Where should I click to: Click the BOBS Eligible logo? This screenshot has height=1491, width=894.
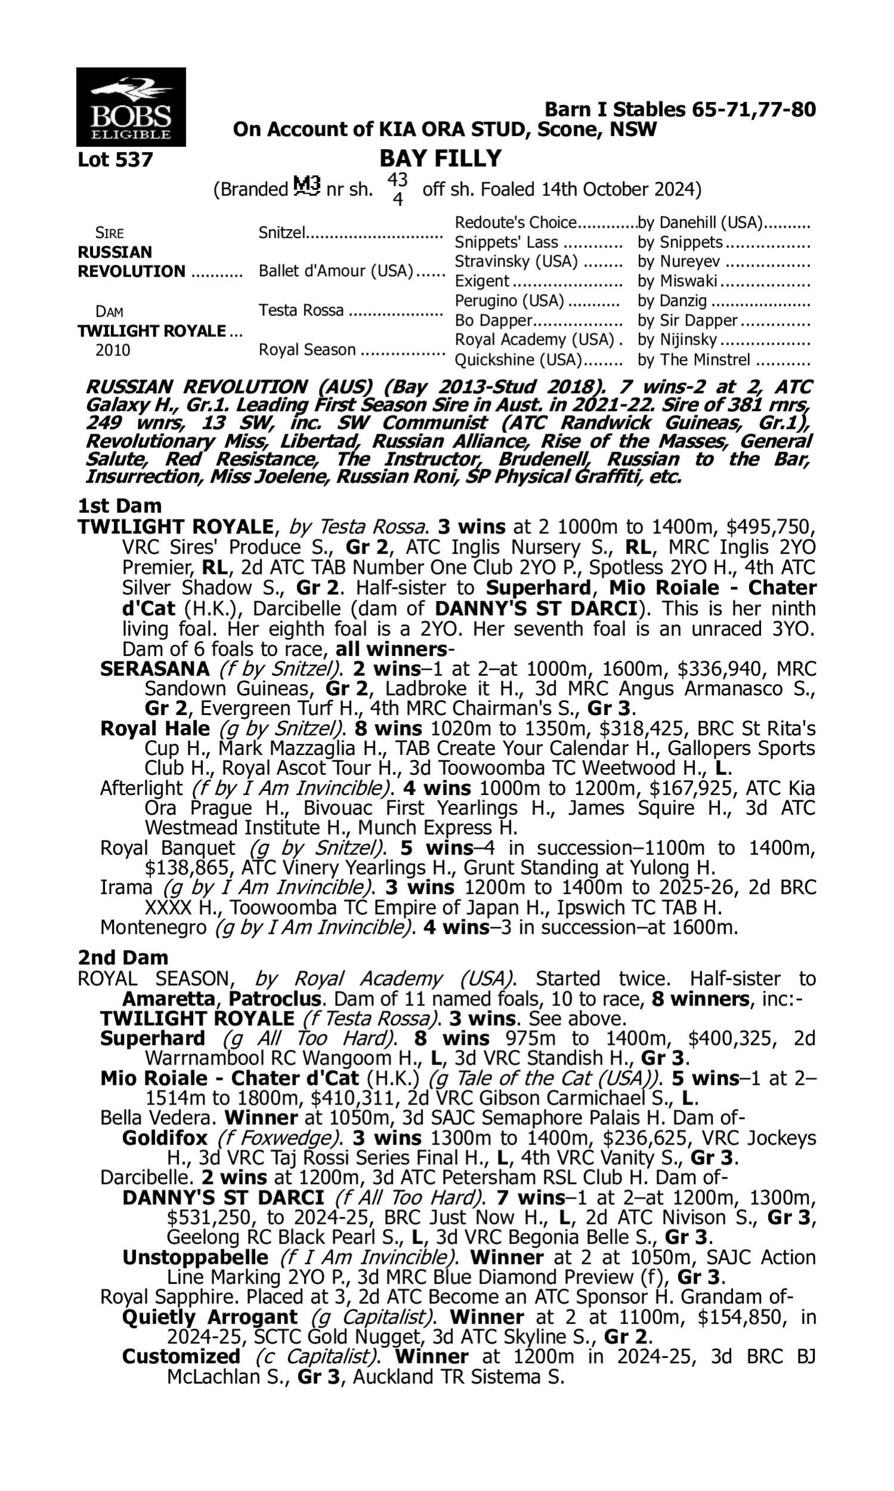(x=131, y=107)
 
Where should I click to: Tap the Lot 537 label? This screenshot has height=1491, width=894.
(x=115, y=160)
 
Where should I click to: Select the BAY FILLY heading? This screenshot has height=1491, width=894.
(x=440, y=159)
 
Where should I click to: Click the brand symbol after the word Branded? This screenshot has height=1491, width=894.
(x=306, y=187)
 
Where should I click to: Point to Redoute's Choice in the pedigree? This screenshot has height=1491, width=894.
(x=516, y=223)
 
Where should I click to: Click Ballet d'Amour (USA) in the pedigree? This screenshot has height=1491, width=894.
(x=336, y=271)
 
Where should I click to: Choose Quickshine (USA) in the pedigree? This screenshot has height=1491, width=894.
(x=518, y=360)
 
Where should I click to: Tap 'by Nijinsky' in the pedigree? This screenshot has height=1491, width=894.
(x=677, y=340)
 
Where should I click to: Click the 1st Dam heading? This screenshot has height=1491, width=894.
(x=120, y=506)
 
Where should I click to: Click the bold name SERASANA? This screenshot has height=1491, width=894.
(x=155, y=669)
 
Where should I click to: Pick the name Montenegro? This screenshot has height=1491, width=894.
(x=153, y=927)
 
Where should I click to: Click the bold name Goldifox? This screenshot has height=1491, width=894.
(x=164, y=1138)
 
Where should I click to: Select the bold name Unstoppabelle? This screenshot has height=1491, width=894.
(x=195, y=1257)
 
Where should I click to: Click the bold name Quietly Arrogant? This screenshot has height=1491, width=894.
(x=210, y=1317)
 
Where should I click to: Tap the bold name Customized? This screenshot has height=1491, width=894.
(x=181, y=1357)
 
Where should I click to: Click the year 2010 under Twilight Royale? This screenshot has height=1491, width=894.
(x=113, y=351)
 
